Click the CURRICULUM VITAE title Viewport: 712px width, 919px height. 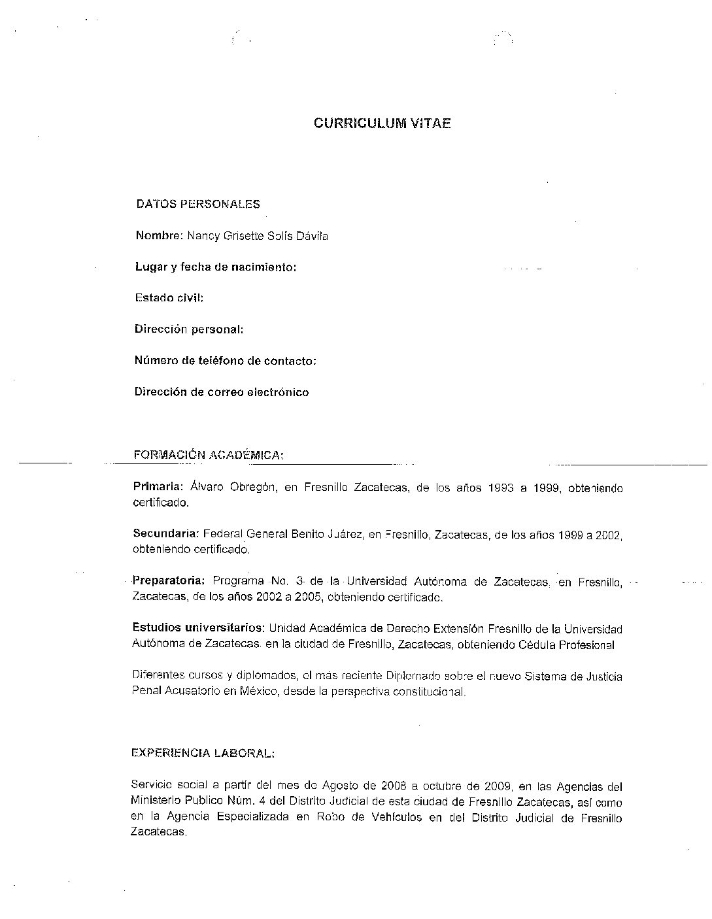382,123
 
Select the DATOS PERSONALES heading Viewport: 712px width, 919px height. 197,204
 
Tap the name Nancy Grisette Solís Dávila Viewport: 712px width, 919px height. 258,235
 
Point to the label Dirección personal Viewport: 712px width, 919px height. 189,329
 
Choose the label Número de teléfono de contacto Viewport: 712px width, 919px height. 225,361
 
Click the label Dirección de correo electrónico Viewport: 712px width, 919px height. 222,392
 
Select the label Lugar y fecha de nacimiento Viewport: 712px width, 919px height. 216,267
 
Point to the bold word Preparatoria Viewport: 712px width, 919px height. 169,581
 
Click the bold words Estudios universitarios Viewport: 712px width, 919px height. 198,628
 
